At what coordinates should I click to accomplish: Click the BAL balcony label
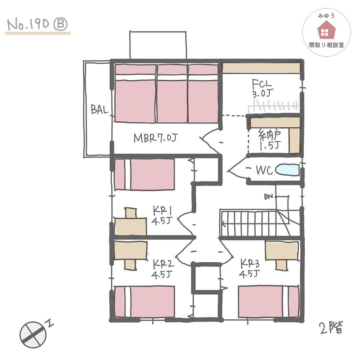coord(99,109)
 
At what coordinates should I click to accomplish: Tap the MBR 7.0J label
coord(156,138)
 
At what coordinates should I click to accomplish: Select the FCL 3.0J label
coord(262,88)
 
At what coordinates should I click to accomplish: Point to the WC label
coord(264,170)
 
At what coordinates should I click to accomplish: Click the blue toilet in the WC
coord(287,170)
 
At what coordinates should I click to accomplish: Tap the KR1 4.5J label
coord(162,215)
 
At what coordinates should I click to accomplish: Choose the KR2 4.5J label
coord(162,269)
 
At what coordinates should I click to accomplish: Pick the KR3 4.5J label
coord(250,268)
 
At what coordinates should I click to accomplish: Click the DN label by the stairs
coord(268,197)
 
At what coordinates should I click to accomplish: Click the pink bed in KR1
coord(144,174)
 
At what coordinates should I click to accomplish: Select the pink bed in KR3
coord(269,302)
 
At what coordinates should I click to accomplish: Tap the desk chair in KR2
coord(130,265)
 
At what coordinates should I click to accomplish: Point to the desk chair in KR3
coord(281,265)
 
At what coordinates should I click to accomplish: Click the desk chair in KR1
coord(131,213)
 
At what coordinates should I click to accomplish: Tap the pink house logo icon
coord(326,30)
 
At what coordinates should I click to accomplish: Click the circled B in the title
coord(60,24)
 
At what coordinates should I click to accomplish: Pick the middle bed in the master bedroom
coord(172,93)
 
